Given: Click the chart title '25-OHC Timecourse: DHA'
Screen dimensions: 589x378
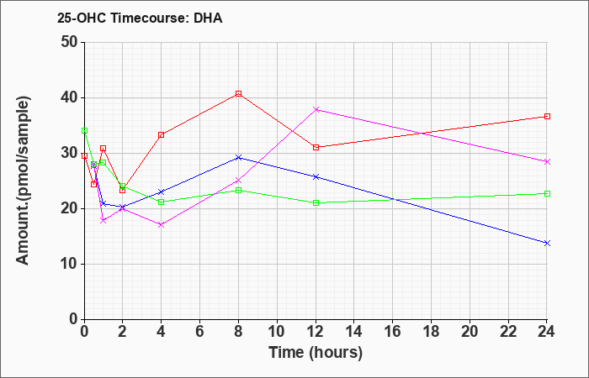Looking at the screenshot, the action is [140, 18].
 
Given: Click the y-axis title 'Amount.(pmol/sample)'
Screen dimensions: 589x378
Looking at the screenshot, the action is [23, 181].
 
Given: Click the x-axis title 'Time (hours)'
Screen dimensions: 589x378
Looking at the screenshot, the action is [316, 353].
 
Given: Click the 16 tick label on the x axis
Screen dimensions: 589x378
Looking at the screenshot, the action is [393, 331].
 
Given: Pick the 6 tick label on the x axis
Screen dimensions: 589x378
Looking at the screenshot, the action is [200, 331].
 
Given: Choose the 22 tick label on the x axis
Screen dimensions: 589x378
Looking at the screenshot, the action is [508, 331].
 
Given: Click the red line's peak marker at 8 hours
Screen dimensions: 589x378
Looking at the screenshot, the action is [238, 93].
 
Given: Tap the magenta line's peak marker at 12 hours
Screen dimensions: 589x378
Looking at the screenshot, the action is [316, 109].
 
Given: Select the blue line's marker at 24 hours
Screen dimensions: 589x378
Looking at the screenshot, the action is [547, 243].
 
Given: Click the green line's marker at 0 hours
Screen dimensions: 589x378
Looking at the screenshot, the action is [84, 130].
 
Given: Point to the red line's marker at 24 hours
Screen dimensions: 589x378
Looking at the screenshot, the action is [547, 116].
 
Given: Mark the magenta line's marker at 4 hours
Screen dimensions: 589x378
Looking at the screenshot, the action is [162, 224].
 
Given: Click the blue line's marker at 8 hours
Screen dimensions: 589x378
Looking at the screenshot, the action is [238, 158].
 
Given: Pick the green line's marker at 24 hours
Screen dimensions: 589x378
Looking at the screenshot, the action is [547, 193].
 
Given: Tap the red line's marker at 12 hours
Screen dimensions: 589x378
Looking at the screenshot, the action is [316, 147].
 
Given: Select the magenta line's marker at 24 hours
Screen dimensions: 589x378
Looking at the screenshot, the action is [547, 161].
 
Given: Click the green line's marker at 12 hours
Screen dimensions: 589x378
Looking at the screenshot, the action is [316, 203].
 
